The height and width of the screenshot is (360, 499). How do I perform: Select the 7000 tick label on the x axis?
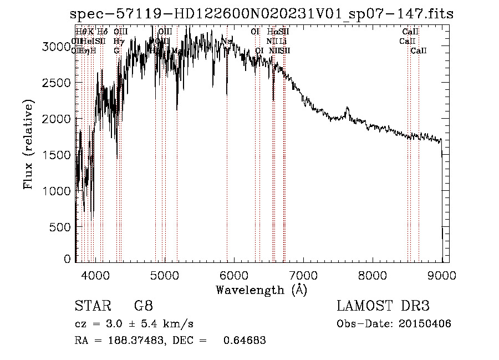(x=303, y=274)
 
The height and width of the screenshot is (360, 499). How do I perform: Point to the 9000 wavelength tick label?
(x=442, y=274)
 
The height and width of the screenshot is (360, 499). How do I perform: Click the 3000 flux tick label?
(x=57, y=47)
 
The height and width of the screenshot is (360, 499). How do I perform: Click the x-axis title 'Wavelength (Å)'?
(x=261, y=290)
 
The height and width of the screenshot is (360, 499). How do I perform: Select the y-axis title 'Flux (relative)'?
(x=28, y=144)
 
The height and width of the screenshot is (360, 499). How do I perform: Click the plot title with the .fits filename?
(x=262, y=13)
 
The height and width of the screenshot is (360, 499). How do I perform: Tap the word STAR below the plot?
(x=91, y=306)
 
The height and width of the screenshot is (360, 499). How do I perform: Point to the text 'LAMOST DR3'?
(x=383, y=306)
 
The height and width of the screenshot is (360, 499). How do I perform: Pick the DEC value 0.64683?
(x=244, y=341)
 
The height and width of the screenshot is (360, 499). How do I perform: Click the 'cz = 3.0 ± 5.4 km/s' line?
(x=134, y=324)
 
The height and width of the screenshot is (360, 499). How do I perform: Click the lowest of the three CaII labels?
(x=419, y=51)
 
